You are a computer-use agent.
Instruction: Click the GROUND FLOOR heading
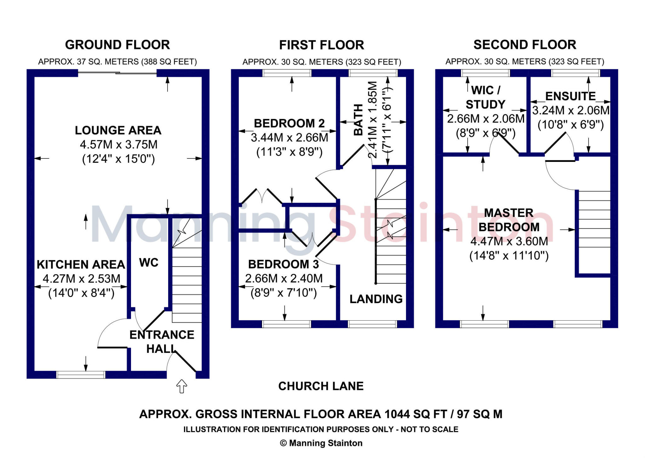point(117,45)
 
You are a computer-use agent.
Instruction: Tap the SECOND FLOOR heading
point(525,45)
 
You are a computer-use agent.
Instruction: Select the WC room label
point(149,262)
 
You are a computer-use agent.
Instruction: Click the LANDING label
point(376,299)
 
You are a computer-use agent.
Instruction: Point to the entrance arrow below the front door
point(181,386)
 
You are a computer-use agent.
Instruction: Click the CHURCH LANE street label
point(321,386)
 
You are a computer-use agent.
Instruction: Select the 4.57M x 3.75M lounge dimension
point(118,145)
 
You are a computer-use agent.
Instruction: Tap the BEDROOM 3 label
point(283,264)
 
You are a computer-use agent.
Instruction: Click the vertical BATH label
point(358,120)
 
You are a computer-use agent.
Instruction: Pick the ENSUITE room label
point(570,96)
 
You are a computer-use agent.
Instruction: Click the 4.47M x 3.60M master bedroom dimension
point(509,241)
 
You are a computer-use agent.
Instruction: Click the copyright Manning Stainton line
point(321,443)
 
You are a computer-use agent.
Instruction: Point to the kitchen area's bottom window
point(81,374)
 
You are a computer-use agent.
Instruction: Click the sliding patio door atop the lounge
point(117,73)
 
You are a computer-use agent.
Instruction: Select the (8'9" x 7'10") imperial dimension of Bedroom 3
point(283,293)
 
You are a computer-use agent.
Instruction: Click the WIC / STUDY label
point(485,97)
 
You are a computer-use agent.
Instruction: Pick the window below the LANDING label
point(372,324)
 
